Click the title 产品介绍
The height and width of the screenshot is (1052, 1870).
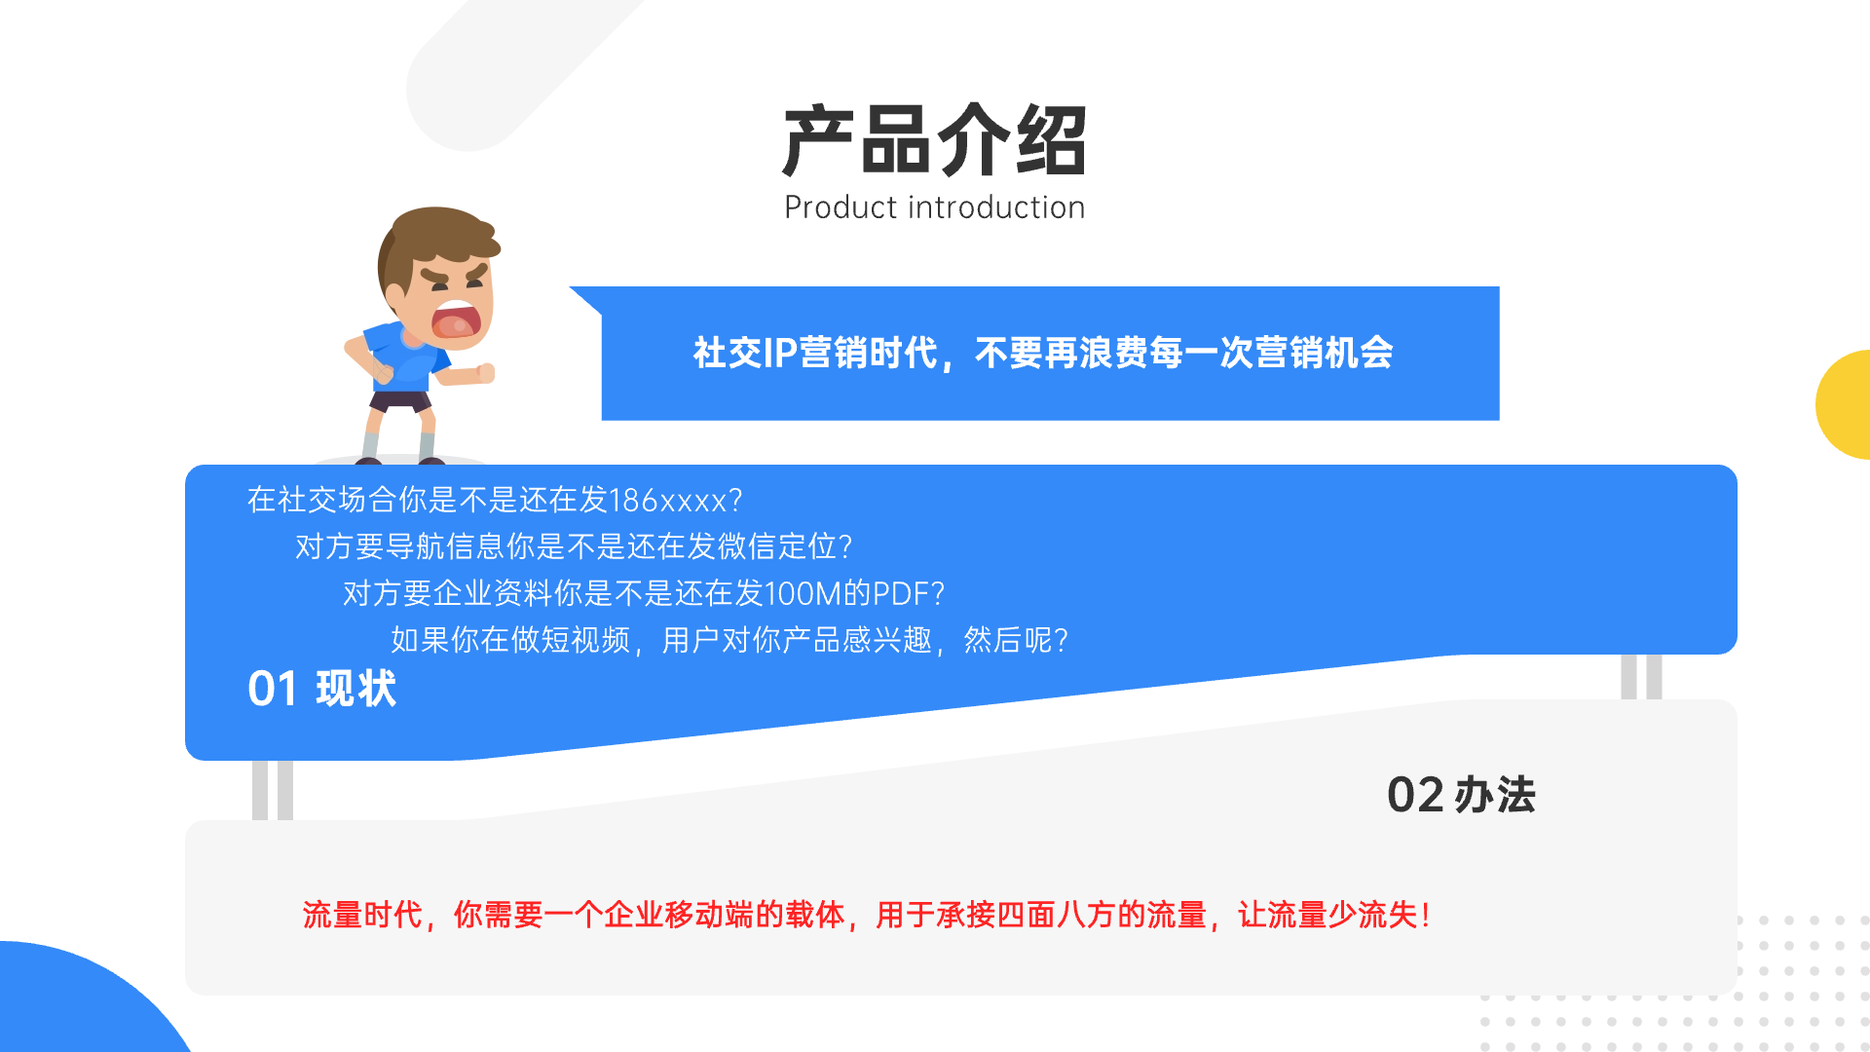point(934,141)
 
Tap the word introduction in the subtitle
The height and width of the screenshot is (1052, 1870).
point(996,207)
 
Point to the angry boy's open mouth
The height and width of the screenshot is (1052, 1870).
point(457,320)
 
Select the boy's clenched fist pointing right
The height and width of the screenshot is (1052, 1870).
point(485,372)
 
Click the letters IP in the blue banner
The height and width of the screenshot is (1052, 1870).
point(780,353)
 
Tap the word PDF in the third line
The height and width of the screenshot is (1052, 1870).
point(900,593)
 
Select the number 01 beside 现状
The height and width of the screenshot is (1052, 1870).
point(273,689)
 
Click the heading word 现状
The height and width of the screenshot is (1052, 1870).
point(356,689)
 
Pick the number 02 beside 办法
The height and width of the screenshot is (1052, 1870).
point(1415,795)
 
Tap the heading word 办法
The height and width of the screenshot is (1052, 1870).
point(1495,795)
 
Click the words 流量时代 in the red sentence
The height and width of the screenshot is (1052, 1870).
point(362,915)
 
